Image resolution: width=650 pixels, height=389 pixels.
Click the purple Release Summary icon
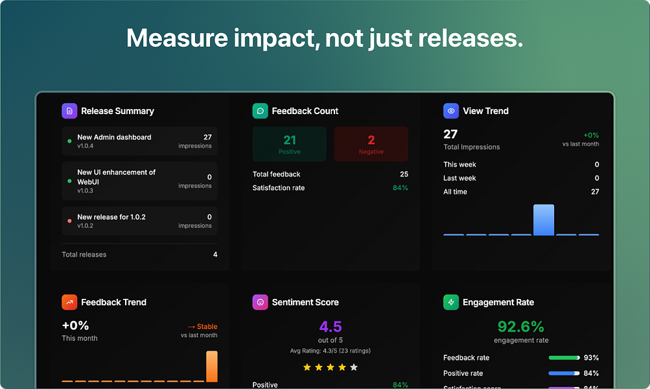(69, 111)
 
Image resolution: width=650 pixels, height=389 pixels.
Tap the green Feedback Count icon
(260, 111)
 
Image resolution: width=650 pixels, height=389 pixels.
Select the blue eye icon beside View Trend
(451, 111)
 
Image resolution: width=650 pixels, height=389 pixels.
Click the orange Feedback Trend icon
(69, 302)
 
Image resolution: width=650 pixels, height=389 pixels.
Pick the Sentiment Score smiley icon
(260, 302)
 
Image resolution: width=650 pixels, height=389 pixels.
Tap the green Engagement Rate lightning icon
(451, 302)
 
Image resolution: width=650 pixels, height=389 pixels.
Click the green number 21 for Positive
(290, 140)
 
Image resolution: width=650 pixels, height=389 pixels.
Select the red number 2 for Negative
(371, 140)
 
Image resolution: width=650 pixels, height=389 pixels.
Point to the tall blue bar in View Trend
(544, 220)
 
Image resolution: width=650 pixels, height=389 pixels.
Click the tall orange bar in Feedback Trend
(212, 366)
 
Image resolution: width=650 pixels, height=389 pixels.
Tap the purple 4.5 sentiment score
(331, 326)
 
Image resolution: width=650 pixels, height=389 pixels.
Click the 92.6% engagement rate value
(521, 326)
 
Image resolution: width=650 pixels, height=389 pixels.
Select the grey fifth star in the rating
(354, 368)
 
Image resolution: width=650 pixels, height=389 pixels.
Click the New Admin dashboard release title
(114, 137)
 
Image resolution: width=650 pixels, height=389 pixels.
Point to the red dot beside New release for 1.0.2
(69, 221)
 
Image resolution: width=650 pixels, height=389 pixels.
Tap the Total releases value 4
(215, 255)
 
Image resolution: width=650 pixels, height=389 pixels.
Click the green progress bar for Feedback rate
(563, 358)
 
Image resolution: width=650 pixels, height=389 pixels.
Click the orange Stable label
(202, 327)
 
